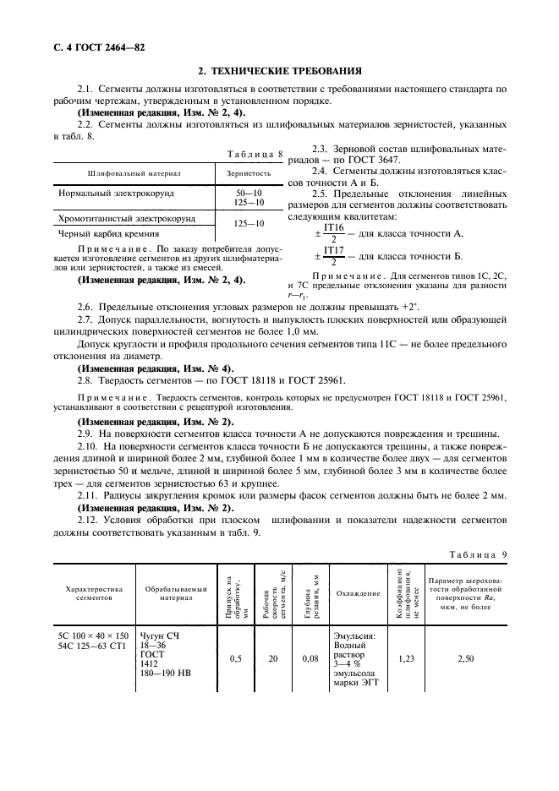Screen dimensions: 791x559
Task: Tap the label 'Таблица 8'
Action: pyautogui.click(x=256, y=153)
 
